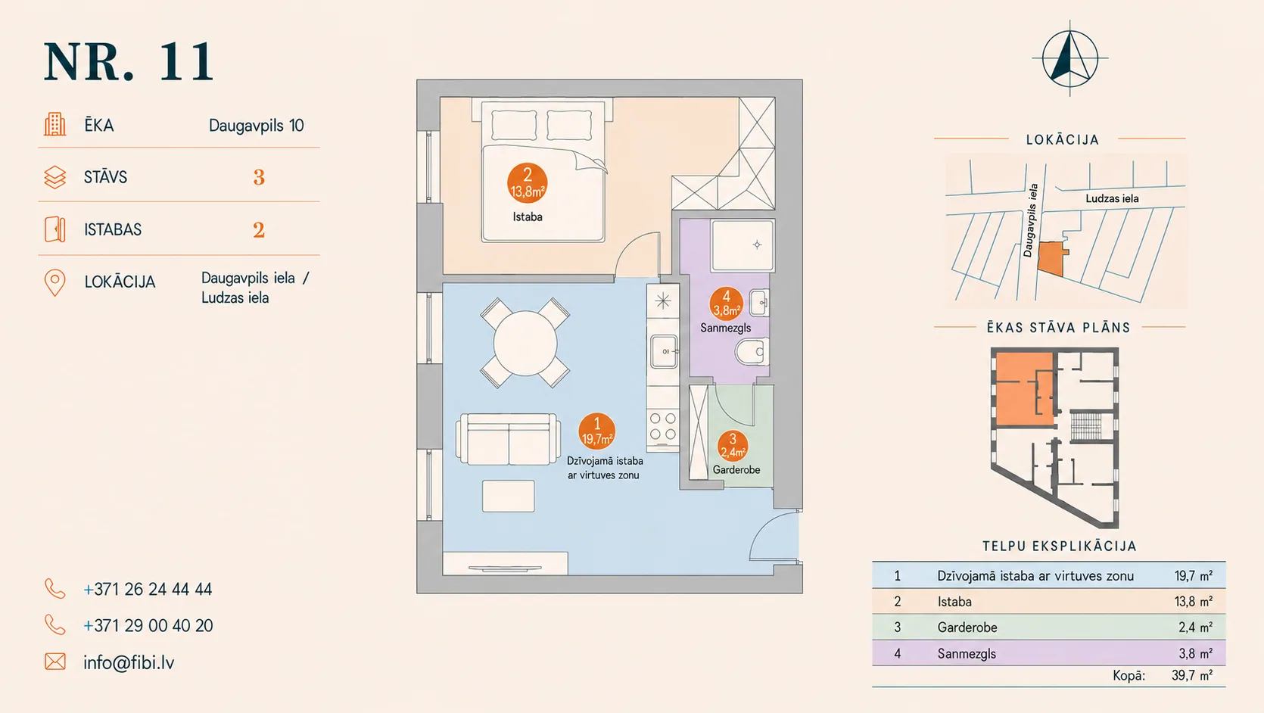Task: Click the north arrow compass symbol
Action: (1070, 59)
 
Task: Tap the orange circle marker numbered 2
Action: (527, 183)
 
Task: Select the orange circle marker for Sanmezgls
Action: (727, 304)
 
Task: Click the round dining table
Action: (525, 343)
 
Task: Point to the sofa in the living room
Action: (508, 439)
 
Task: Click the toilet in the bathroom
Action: (752, 351)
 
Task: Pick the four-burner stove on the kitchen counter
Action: (663, 426)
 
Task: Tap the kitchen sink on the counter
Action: (664, 351)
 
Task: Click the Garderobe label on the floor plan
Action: (736, 470)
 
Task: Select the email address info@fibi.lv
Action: (129, 662)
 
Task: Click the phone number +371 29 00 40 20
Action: (148, 625)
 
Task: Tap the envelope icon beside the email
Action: (54, 662)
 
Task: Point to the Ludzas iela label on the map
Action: (1112, 198)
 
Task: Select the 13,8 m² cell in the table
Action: (1194, 602)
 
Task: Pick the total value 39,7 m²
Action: (1192, 676)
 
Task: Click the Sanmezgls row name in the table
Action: (967, 654)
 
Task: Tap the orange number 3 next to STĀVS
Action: (259, 178)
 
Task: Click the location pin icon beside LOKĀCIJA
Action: (54, 282)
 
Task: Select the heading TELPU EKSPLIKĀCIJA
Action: (1060, 546)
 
